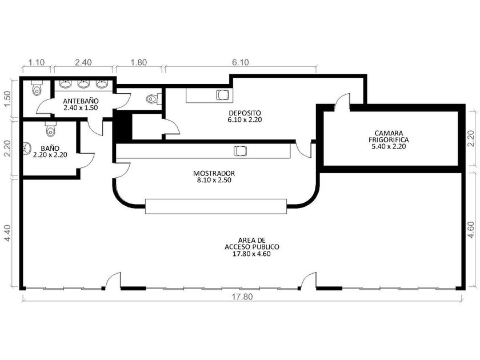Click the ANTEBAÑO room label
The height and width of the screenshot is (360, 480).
point(81,101)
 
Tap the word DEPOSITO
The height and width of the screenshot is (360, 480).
point(245,113)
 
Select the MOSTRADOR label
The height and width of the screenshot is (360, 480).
point(214,173)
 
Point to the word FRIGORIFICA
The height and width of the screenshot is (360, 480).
point(389,140)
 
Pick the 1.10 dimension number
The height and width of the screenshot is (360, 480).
point(37,62)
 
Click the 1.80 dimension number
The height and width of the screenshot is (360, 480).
point(139,62)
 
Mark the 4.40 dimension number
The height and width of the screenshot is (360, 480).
point(7,233)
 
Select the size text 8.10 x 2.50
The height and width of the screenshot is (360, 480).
point(214,181)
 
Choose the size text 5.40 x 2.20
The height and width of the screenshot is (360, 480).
point(389,147)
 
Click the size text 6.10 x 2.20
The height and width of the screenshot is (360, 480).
point(245,119)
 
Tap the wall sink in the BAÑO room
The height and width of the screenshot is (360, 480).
point(27,148)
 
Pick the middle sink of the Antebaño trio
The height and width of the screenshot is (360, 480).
point(83,83)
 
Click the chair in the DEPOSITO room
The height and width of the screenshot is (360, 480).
point(223,95)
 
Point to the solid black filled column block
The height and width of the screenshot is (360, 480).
point(122,126)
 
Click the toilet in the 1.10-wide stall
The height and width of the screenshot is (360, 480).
point(37,88)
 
